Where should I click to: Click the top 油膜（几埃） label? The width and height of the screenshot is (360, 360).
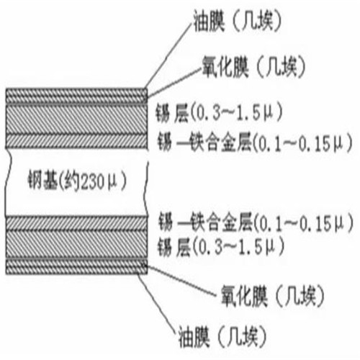click(237, 22)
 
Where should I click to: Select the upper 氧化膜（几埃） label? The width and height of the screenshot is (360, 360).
click(253, 66)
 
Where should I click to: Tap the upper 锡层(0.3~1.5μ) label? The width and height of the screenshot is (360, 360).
click(219, 112)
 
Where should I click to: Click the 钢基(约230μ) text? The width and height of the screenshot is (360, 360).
click(77, 181)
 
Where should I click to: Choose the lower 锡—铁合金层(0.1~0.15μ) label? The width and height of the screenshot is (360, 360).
click(256, 222)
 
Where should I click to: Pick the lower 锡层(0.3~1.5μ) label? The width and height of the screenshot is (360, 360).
click(221, 247)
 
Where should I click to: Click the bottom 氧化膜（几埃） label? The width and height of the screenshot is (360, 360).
click(272, 296)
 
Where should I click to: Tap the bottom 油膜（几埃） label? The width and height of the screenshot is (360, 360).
click(222, 336)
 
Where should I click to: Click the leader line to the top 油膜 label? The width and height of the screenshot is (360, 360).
click(169, 56)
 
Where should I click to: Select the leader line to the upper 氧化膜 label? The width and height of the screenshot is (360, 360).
click(174, 83)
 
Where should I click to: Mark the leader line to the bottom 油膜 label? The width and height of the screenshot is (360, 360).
click(157, 303)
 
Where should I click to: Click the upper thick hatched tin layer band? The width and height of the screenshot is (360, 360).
click(76, 119)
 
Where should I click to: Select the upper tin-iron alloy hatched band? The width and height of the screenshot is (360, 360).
click(76, 141)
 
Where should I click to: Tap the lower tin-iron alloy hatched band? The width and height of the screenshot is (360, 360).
click(76, 223)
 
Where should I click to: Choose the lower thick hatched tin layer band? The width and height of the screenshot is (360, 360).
click(76, 245)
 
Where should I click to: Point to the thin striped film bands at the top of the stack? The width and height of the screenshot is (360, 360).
click(76, 96)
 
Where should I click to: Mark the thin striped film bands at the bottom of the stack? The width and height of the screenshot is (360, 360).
click(76, 266)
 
